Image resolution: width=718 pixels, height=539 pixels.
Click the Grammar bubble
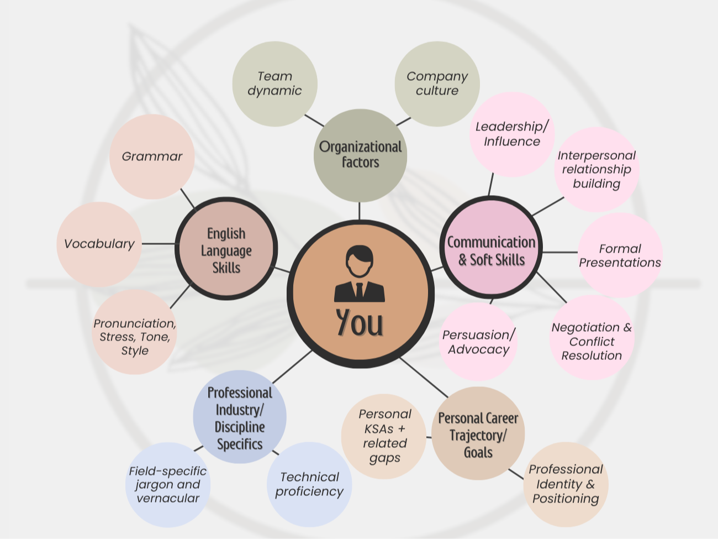[152, 156]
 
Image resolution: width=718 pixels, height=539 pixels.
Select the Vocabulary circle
[99, 244]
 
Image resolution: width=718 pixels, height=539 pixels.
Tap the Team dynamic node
[274, 83]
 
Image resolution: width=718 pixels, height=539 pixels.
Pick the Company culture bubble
[437, 83]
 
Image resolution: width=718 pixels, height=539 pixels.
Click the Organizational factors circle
[360, 155]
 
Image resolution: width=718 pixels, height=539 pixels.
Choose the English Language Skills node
[226, 250]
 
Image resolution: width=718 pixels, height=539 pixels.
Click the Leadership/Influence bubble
[512, 134]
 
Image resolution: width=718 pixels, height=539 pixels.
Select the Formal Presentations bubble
[620, 255]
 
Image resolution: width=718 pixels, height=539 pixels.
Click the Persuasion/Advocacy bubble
[478, 342]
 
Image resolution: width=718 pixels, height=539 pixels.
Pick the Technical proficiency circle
[309, 484]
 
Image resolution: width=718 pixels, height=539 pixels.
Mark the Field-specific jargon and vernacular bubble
[168, 484]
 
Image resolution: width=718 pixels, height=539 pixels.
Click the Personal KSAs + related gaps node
[384, 436]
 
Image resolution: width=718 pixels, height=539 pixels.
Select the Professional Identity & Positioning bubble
[566, 484]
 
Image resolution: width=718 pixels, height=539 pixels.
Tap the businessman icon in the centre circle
[360, 275]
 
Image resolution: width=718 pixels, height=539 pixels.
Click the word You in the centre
[360, 322]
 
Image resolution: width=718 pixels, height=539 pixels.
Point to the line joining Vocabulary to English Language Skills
[159, 243]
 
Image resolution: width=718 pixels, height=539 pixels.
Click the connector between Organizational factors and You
[360, 211]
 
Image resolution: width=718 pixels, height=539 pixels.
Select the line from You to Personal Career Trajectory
[424, 378]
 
